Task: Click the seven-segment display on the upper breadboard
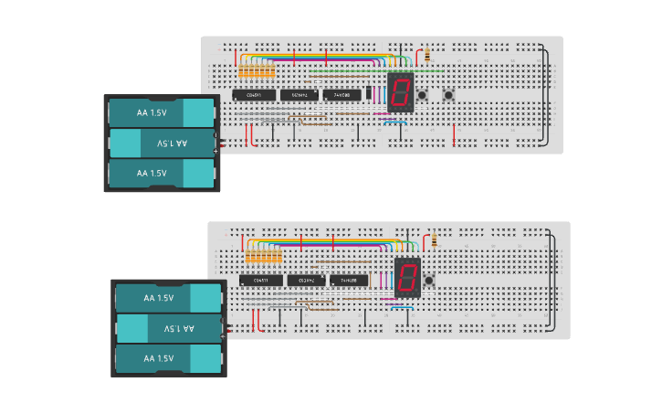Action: tap(400, 92)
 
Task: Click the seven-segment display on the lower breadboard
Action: tap(407, 277)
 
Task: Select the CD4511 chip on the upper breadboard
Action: tap(253, 94)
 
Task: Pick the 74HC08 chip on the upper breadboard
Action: tap(342, 94)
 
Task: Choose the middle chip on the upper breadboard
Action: tap(299, 94)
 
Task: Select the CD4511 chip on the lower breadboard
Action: tap(260, 280)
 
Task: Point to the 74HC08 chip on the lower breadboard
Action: tap(349, 280)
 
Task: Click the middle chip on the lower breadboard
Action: tap(306, 280)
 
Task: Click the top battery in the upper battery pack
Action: tap(161, 112)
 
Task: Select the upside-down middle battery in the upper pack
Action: tap(161, 143)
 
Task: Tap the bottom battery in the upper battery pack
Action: tap(161, 173)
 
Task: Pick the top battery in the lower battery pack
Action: tap(168, 297)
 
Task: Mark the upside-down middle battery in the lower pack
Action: tap(168, 327)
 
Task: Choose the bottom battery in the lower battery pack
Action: tap(168, 357)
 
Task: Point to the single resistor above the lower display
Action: tap(435, 239)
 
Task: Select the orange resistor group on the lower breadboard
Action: tap(264, 258)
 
